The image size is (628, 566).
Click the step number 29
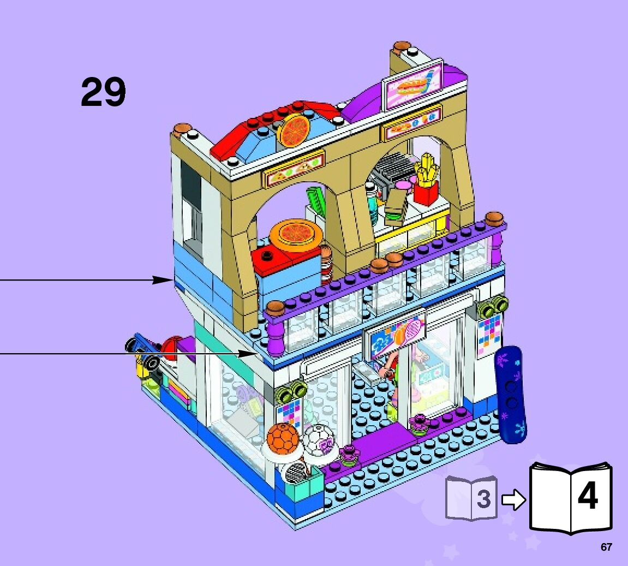tap(103, 92)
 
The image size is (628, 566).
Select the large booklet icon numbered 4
tap(571, 497)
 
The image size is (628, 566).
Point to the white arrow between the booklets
tap(512, 499)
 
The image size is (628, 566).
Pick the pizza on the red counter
tap(294, 234)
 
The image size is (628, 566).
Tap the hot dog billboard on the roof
tap(412, 85)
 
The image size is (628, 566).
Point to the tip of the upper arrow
tap(172, 280)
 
